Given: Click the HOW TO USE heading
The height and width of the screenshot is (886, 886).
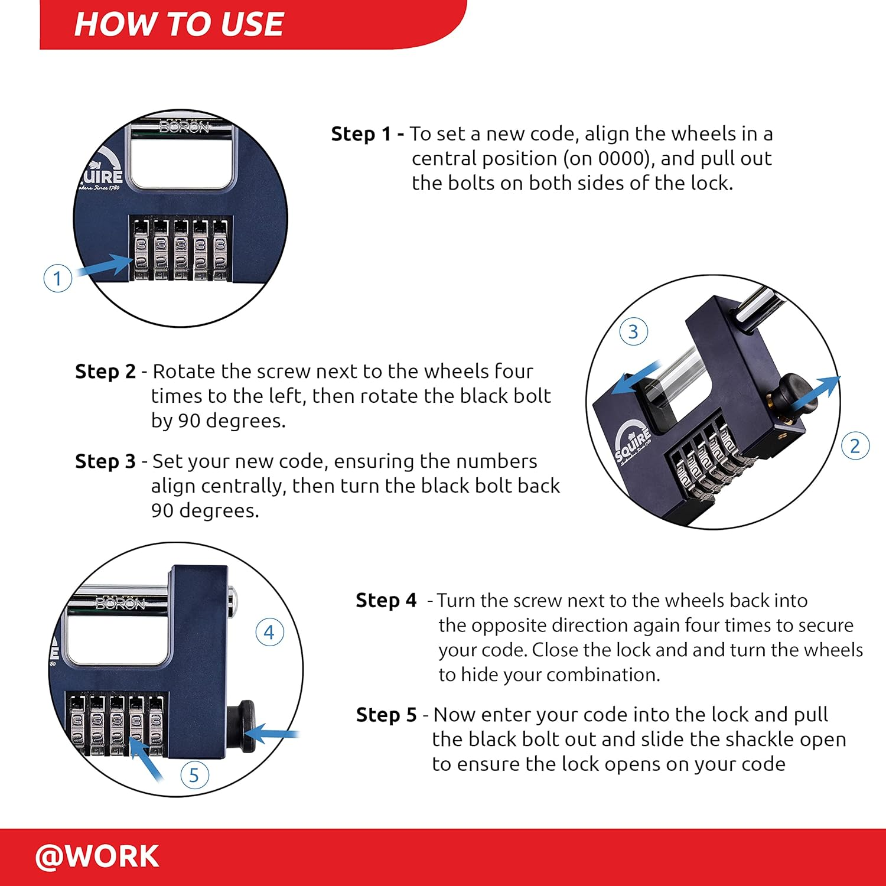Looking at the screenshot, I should pyautogui.click(x=178, y=25).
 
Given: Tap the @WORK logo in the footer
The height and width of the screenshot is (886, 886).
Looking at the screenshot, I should pyautogui.click(x=97, y=856).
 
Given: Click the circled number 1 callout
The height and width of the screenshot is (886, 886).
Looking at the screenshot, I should pyautogui.click(x=58, y=278).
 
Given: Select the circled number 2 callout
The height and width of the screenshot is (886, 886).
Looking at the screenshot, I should pyautogui.click(x=855, y=446).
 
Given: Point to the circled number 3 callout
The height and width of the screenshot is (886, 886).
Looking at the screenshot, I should pyautogui.click(x=633, y=332).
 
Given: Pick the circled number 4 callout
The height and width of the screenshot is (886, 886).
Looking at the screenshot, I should pyautogui.click(x=269, y=633).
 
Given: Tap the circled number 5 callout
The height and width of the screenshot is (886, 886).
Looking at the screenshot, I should pyautogui.click(x=194, y=775).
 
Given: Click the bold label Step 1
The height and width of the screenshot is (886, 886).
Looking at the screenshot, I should pyautogui.click(x=361, y=134).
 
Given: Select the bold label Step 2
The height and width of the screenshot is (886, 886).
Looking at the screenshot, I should pyautogui.click(x=105, y=372).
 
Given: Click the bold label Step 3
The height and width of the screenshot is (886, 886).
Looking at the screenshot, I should pyautogui.click(x=105, y=461).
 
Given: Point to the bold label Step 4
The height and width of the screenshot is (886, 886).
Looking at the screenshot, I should pyautogui.click(x=386, y=601).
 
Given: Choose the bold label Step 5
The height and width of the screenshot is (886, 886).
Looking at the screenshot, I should pyautogui.click(x=386, y=715).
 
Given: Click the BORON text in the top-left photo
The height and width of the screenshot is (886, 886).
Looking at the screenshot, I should pyautogui.click(x=184, y=127).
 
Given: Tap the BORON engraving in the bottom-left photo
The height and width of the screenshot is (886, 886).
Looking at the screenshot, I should pyautogui.click(x=120, y=603).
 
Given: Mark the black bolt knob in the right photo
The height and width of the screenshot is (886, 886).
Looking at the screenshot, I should pyautogui.click(x=794, y=391).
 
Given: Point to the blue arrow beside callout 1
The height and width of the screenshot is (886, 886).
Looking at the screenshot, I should pyautogui.click(x=105, y=266).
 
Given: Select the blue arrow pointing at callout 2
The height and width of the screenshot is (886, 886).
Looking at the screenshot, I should pyautogui.click(x=815, y=393).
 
